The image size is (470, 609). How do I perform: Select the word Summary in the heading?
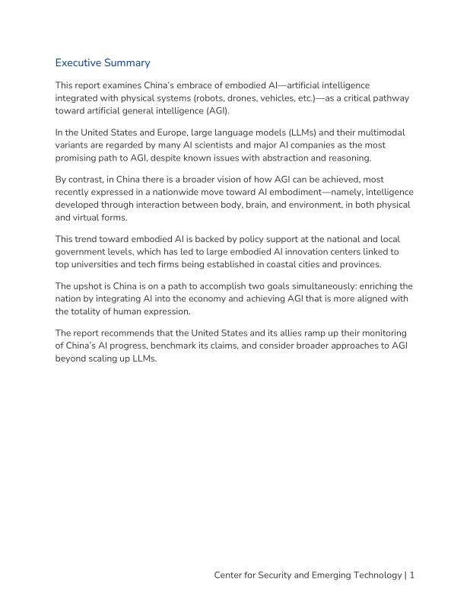pos(129,62)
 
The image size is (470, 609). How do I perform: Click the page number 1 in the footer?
pos(411,576)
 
